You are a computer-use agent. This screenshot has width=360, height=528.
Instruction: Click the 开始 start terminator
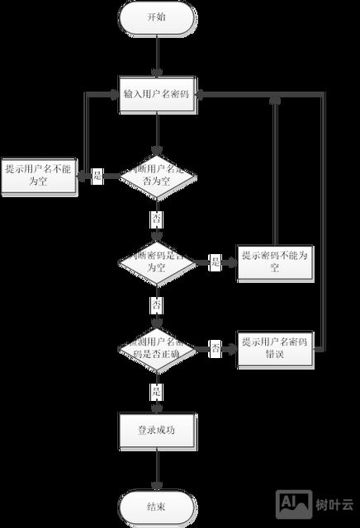coord(156,17)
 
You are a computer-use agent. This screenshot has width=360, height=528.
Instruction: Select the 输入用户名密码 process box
coord(156,93)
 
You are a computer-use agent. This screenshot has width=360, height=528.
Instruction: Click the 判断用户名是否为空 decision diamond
coord(156,176)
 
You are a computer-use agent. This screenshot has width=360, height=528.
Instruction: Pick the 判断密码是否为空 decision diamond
coord(156,263)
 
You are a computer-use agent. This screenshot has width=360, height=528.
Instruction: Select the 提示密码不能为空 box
coord(274,262)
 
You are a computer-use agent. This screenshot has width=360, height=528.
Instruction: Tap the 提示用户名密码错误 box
coord(274,348)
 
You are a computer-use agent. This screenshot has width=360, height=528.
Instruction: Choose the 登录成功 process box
coord(156,430)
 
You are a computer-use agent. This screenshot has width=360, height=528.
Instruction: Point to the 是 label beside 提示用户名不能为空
coord(97,176)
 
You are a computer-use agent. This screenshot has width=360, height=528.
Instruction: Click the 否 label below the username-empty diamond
coord(156,219)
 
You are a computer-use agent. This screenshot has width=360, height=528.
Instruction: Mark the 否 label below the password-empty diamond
coord(156,305)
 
